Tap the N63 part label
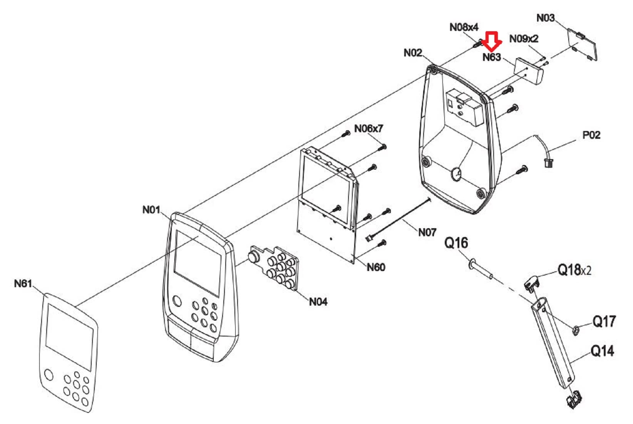coord(492,57)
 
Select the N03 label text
coord(546,18)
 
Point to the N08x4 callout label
coord(464,27)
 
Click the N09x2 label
coord(524,39)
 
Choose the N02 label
coord(413,53)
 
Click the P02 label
coord(591,135)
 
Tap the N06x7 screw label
coord(368,129)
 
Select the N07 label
coord(427,232)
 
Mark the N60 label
coord(376,267)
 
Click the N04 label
coord(318,302)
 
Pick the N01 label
coord(151,210)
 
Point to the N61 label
coord(23,283)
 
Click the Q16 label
coord(456,243)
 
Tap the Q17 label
coord(604,321)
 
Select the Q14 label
coord(603,351)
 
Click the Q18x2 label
coord(574,270)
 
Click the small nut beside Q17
coord(576,330)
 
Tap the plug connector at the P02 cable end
coord(549,163)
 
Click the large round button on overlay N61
coord(49,375)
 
